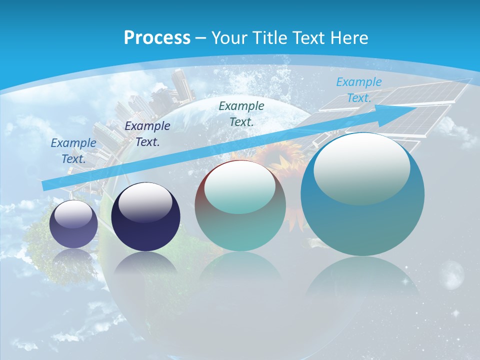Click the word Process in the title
(x=157, y=38)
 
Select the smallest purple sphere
(x=73, y=224)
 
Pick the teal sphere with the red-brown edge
(x=240, y=205)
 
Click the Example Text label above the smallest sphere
(x=73, y=150)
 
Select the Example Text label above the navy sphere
(x=147, y=133)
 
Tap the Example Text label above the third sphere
(x=241, y=113)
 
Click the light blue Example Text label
(x=358, y=90)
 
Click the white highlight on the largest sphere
(x=361, y=169)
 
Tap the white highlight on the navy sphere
(x=145, y=201)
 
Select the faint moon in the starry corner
(x=453, y=273)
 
